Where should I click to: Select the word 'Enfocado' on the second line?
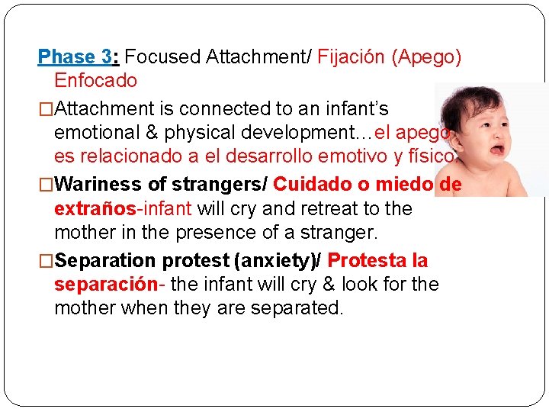click(x=95, y=80)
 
